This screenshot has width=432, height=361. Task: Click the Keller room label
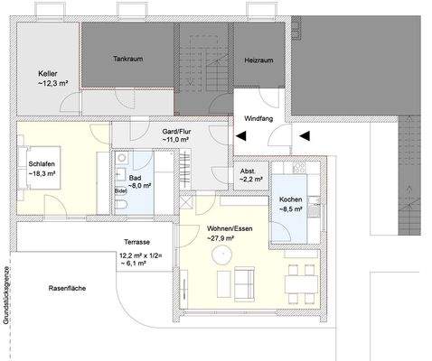click(49, 73)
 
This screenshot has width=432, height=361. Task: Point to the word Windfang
click(262, 118)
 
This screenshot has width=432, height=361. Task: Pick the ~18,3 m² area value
click(42, 172)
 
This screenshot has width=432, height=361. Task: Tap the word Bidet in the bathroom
click(120, 191)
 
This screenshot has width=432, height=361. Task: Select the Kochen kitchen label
click(291, 199)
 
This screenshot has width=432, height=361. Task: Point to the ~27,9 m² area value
click(221, 239)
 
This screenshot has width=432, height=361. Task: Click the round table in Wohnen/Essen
click(219, 257)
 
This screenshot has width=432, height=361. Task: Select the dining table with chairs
click(297, 284)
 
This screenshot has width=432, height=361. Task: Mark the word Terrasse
click(137, 244)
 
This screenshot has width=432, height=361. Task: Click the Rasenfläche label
click(67, 287)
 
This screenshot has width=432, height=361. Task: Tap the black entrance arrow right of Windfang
click(305, 136)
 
